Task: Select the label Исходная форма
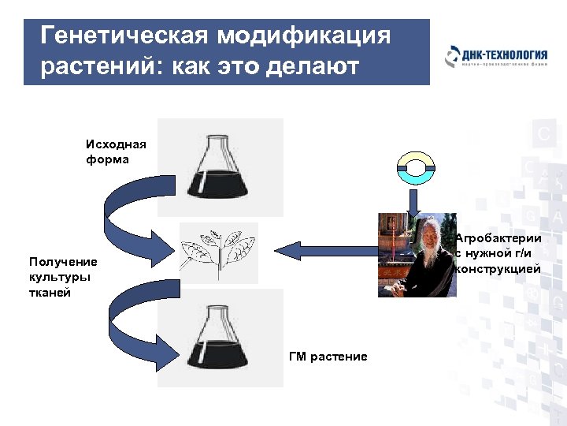117,151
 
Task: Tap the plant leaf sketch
218,252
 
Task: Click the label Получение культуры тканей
63,277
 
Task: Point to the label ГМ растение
328,357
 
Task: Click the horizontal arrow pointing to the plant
323,251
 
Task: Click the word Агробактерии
498,238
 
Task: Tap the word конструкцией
498,269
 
